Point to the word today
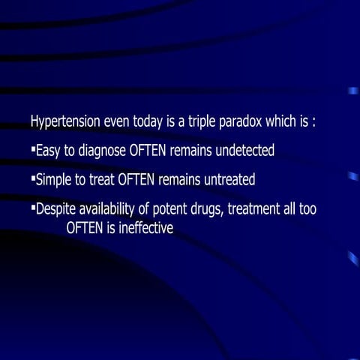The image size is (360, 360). click(x=148, y=121)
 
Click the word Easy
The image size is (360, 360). click(x=47, y=151)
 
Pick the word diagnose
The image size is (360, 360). click(x=102, y=151)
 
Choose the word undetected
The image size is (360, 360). click(x=244, y=151)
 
